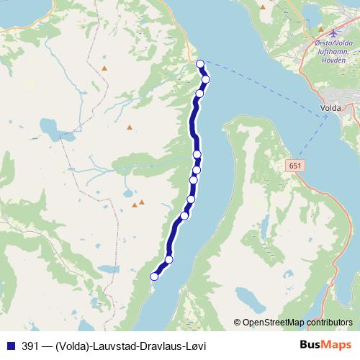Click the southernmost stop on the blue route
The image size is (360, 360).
(x=154, y=276)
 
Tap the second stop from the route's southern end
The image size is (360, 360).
(x=169, y=259)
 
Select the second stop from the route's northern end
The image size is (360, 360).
(x=206, y=79)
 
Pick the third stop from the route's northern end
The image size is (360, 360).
(x=199, y=94)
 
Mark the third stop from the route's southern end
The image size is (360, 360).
(x=184, y=215)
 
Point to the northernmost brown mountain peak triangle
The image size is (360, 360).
(x=104, y=68)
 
